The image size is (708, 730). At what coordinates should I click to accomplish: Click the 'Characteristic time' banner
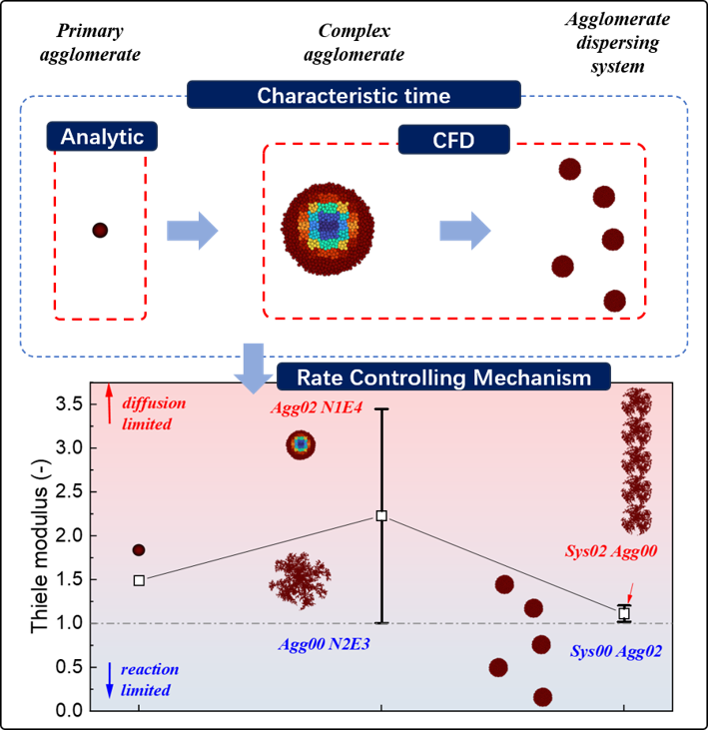click(354, 95)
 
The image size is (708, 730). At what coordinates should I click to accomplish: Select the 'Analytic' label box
click(102, 137)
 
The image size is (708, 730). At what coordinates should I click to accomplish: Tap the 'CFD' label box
click(453, 139)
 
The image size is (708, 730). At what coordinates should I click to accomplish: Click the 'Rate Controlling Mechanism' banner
click(443, 376)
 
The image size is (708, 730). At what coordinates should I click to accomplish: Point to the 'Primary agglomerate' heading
click(90, 42)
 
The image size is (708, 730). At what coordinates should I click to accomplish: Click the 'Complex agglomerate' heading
click(354, 42)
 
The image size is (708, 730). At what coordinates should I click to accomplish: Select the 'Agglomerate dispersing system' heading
click(618, 42)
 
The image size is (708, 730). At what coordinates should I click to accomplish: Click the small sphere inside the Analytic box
click(100, 230)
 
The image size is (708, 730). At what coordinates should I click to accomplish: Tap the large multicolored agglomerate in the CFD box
click(328, 229)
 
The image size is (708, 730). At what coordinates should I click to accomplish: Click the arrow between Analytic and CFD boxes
click(193, 231)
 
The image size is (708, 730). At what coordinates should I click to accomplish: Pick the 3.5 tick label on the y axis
click(69, 404)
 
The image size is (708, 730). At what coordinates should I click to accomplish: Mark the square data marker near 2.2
click(381, 516)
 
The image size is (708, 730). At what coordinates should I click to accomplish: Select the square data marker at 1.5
click(139, 580)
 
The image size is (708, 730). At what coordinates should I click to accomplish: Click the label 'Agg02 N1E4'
click(317, 407)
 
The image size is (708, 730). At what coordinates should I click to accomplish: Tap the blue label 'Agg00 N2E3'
click(324, 644)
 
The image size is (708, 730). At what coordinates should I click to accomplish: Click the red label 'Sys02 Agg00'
click(611, 551)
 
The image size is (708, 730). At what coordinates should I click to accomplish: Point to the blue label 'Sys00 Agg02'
click(616, 651)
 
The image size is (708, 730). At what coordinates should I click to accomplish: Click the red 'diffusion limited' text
click(154, 413)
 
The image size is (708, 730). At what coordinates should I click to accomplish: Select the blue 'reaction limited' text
click(150, 680)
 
